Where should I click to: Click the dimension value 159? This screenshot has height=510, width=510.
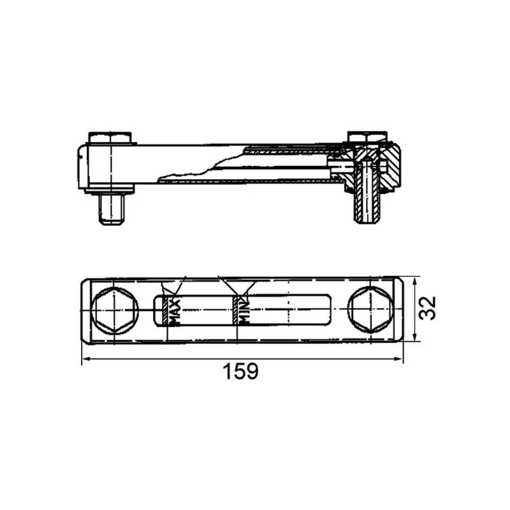[241, 371]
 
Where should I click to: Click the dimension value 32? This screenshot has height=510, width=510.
[427, 308]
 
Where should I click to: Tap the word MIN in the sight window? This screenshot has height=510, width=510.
[244, 312]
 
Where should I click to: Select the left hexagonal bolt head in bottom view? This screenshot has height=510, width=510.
[115, 310]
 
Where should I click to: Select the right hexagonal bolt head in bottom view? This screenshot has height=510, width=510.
[371, 310]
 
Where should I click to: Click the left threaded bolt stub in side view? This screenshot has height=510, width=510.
[112, 208]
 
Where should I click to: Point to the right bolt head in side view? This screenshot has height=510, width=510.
[367, 136]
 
